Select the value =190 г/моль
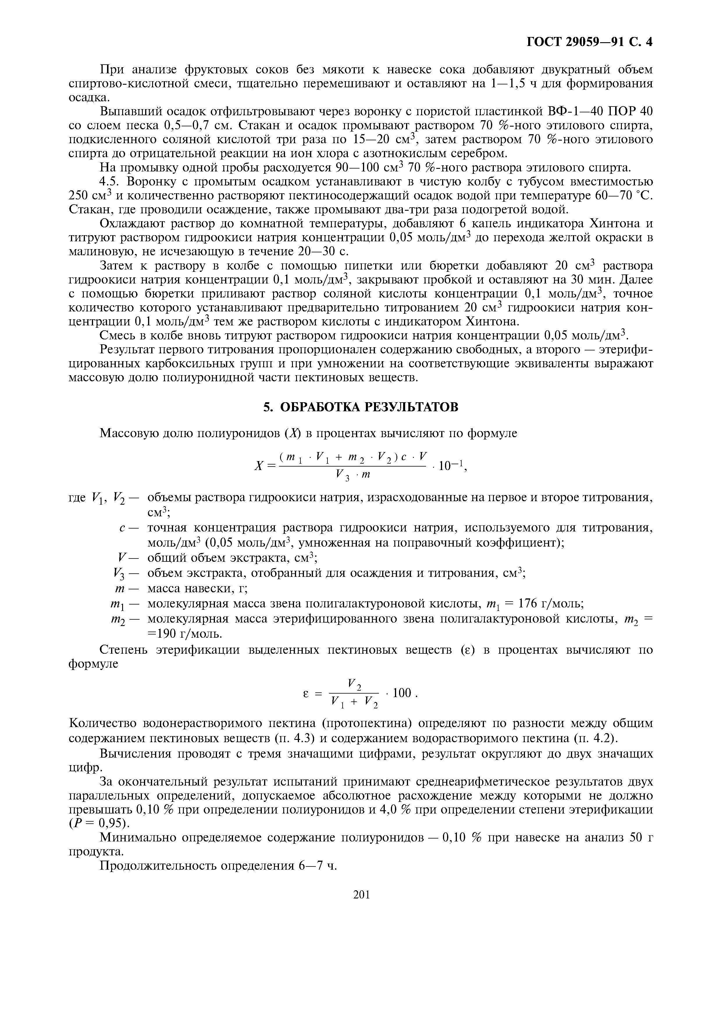(x=184, y=633)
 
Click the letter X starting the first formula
(x=258, y=466)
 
